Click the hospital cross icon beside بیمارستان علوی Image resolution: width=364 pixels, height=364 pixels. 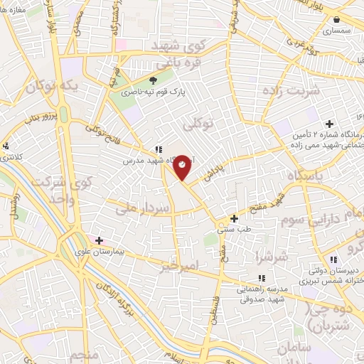(99, 241)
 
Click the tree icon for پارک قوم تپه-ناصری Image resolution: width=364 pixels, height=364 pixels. (152, 80)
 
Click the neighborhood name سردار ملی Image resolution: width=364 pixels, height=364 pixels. (144, 209)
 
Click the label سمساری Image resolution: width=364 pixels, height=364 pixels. (336, 31)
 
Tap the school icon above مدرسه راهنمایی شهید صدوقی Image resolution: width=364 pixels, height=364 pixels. (262, 278)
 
